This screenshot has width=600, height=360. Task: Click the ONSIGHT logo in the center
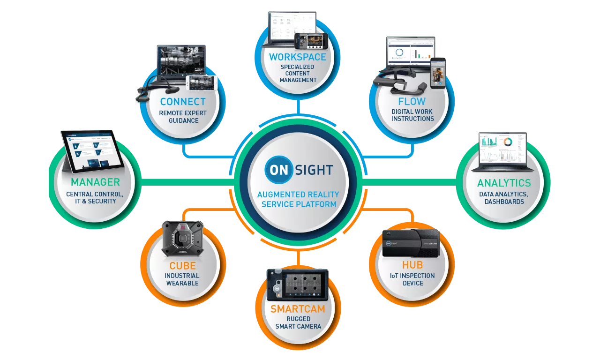coord(299,169)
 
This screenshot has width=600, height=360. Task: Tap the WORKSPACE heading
coord(298,57)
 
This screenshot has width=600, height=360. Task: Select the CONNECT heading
coord(183,101)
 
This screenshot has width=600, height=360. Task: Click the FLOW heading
coord(412,101)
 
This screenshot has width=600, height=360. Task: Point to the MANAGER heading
coord(95,182)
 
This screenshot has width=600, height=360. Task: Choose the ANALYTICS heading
coord(504,183)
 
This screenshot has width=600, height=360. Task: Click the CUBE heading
coord(182,266)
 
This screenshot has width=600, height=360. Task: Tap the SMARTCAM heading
coord(298,309)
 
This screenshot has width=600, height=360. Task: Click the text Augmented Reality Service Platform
coord(299,199)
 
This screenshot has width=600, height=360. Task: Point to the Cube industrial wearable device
coord(183,238)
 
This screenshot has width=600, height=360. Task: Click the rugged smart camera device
coord(298,285)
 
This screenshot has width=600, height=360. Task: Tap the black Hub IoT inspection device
coord(411,243)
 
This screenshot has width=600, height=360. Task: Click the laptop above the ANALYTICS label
coord(502,150)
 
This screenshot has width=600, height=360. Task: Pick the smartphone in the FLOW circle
coord(438,73)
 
